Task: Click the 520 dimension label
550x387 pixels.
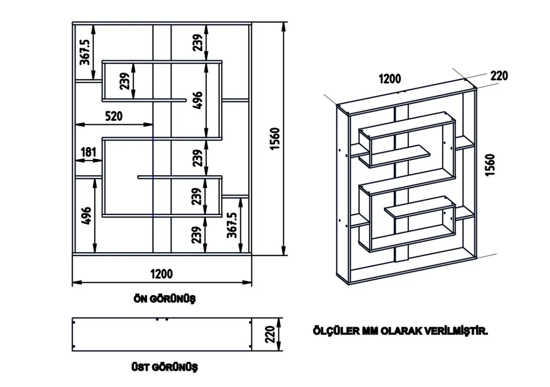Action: (x=114, y=116)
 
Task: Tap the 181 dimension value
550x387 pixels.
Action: (x=88, y=152)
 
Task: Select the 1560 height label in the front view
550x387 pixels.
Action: (x=275, y=139)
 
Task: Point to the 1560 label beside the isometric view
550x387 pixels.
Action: (x=490, y=165)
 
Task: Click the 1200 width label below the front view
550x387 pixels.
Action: (x=161, y=274)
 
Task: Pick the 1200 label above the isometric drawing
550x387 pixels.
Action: (x=390, y=79)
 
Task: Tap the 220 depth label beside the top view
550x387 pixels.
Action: (x=270, y=334)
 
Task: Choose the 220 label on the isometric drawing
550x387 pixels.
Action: (x=499, y=76)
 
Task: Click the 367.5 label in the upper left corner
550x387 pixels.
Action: (x=85, y=52)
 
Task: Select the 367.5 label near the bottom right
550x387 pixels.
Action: (x=232, y=225)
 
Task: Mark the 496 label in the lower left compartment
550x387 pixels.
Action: (x=86, y=216)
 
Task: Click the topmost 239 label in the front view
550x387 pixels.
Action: (x=198, y=43)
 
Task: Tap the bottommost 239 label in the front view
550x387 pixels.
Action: (x=196, y=235)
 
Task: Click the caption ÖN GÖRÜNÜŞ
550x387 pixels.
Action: (x=165, y=299)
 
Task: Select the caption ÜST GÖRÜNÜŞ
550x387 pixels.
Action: (x=165, y=367)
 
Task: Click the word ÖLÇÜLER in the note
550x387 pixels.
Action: (x=336, y=331)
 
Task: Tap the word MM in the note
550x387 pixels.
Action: (x=370, y=331)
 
